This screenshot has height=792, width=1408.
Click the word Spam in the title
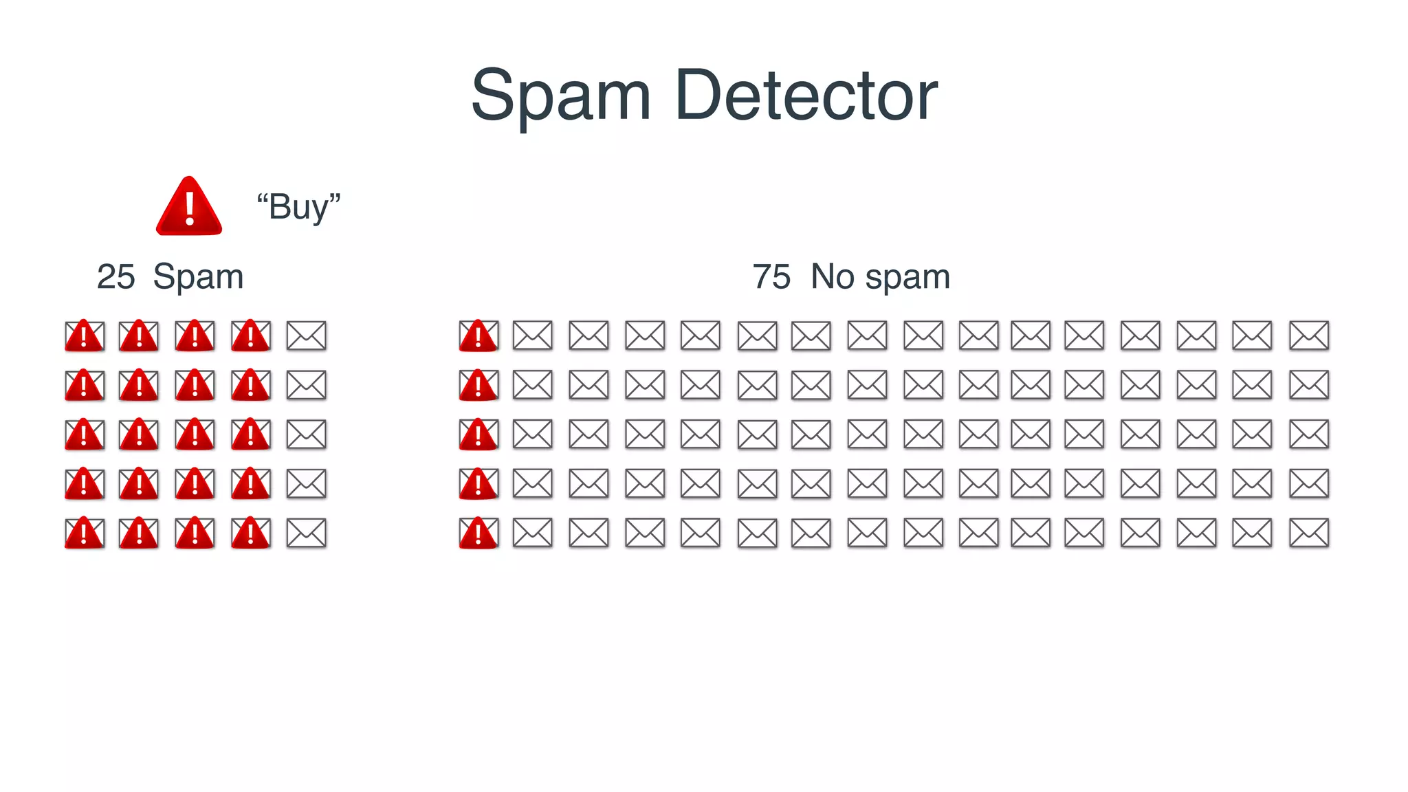560,96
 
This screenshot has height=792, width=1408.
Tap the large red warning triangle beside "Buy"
189,207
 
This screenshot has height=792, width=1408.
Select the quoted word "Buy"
298,207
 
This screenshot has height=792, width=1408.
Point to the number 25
115,277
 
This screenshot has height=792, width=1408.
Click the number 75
771,277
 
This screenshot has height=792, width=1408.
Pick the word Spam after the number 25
198,277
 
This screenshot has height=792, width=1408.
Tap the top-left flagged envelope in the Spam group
85,335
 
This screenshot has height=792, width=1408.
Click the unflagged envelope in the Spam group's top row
306,335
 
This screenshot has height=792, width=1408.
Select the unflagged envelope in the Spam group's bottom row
306,533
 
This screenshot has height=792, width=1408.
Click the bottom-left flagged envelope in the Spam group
85,533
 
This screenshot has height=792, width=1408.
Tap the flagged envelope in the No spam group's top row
478,335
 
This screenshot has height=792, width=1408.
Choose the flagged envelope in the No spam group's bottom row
478,533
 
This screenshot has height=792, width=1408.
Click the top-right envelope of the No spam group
1308,335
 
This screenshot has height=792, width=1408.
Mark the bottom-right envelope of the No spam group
1308,533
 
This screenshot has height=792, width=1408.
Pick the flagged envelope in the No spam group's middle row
478,434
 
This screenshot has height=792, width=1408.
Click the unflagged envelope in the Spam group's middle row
306,434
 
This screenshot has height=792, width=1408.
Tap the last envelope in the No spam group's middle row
1308,434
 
